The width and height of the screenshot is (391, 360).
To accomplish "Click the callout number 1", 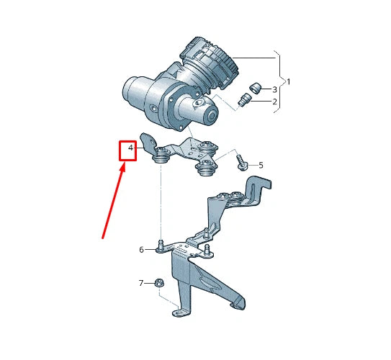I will pos(289,81).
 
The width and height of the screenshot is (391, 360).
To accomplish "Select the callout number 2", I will pos(274,102).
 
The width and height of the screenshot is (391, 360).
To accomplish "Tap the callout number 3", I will pos(274,89).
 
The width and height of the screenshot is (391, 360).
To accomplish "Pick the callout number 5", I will pos(261,165).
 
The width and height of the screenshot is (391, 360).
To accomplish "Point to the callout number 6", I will pos(142,249).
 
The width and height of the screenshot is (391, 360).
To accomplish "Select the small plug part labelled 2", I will pos(242,99).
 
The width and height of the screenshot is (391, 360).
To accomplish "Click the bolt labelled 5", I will pos(243,164).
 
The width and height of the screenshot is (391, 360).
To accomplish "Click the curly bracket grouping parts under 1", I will pos(278,81).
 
